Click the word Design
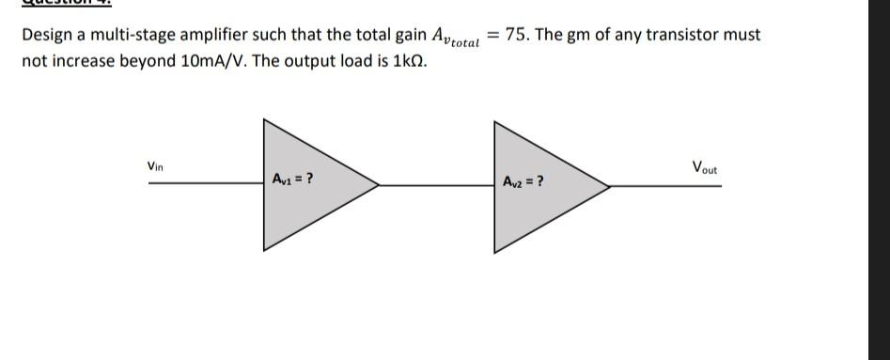tap(46, 36)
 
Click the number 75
tap(516, 35)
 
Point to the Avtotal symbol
tap(454, 38)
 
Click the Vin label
tap(155, 166)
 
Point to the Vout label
tap(704, 168)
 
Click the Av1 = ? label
tap(292, 178)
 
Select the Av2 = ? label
tap(523, 180)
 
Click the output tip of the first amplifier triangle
tap(378, 184)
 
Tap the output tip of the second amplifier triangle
tap(609, 185)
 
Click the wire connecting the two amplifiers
tap(437, 185)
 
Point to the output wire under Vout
tap(667, 185)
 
